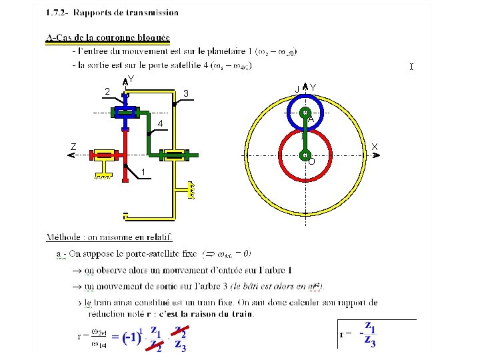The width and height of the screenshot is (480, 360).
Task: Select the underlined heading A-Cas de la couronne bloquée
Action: click(x=108, y=37)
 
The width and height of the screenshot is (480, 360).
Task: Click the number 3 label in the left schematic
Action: click(x=187, y=92)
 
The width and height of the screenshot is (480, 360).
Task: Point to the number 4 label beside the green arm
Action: click(x=161, y=125)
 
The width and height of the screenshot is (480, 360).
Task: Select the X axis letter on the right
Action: click(x=375, y=146)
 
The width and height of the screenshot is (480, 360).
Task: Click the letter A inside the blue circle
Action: click(x=311, y=119)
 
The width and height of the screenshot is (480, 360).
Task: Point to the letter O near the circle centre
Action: click(x=311, y=161)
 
